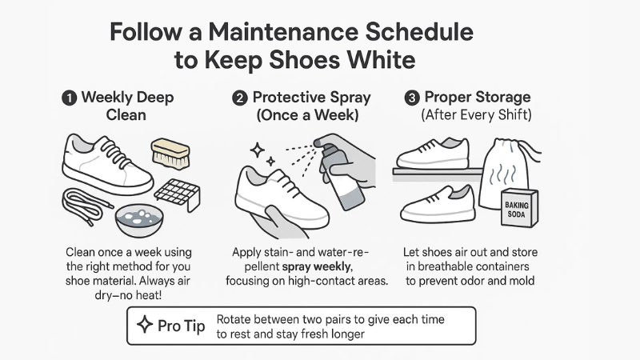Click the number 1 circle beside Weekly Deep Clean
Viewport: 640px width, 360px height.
(70, 99)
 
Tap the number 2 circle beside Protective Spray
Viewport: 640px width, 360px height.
(239, 99)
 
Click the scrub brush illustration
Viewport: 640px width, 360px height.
(170, 154)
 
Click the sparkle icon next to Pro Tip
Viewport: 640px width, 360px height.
(145, 326)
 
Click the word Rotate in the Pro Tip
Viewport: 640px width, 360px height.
(237, 318)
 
